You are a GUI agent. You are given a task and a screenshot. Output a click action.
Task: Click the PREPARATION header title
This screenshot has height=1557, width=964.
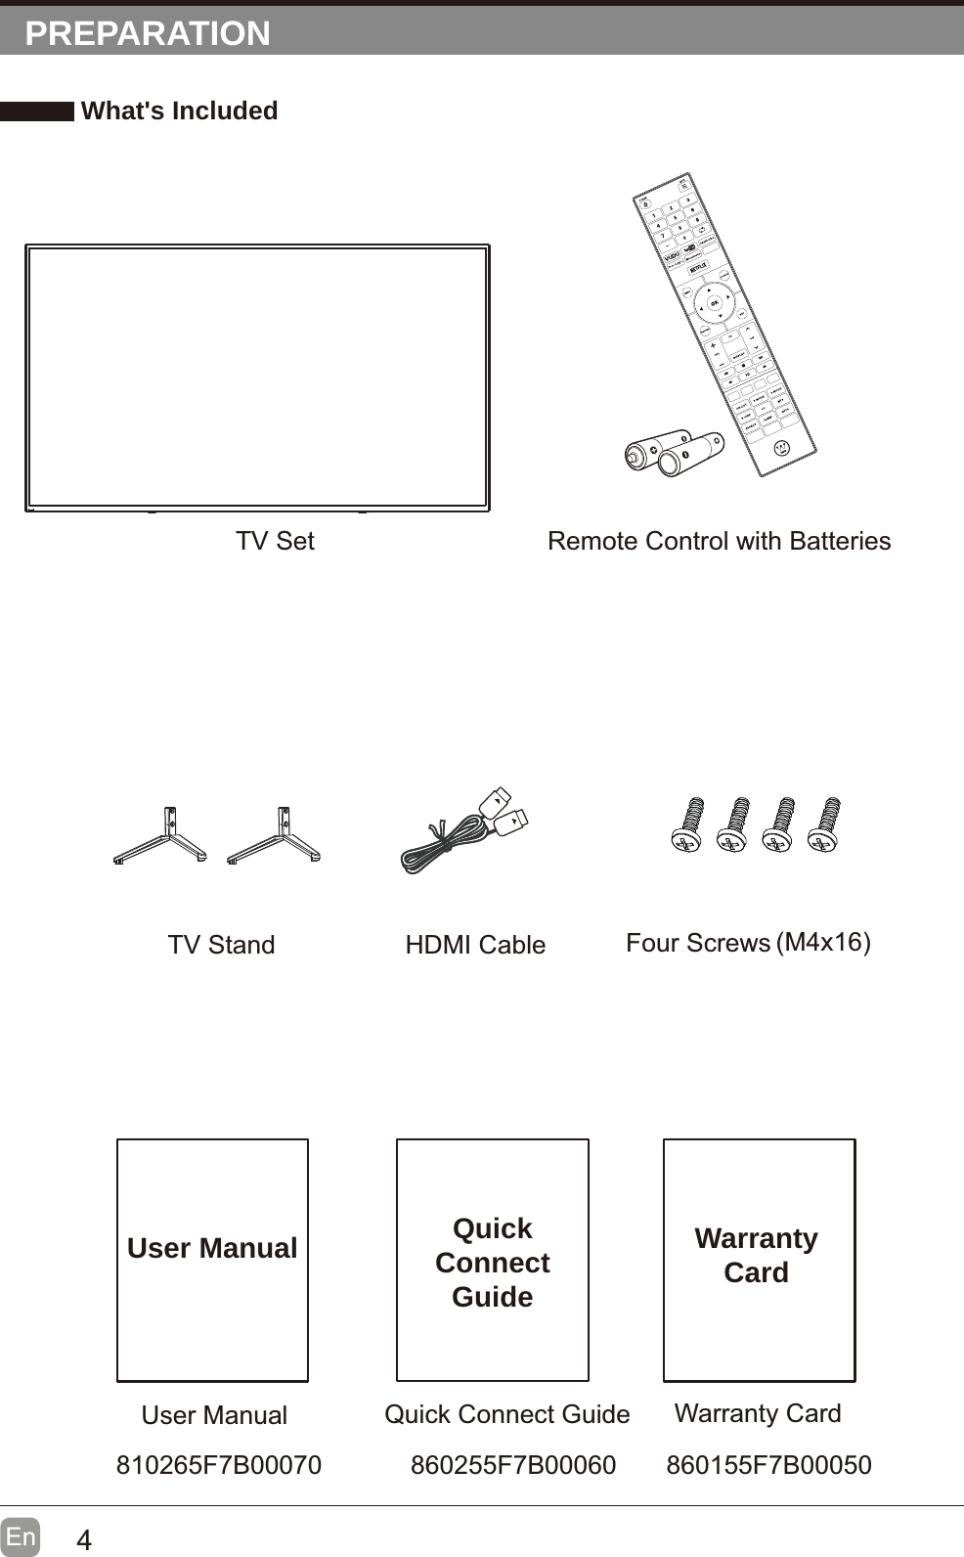point(148,33)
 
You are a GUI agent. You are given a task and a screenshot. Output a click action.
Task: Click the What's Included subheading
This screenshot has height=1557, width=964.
point(179,111)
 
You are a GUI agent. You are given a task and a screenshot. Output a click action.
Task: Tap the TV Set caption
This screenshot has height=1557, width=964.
point(275,541)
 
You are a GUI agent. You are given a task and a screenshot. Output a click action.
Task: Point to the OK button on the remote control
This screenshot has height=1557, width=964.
point(715,304)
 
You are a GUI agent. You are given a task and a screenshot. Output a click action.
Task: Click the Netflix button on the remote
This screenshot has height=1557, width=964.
point(698,267)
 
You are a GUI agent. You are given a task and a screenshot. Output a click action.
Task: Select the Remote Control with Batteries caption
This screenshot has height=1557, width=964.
point(719,541)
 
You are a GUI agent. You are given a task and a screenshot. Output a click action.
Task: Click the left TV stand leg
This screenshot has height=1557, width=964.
point(161,836)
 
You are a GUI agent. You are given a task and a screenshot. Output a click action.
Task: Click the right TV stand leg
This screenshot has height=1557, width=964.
point(276,836)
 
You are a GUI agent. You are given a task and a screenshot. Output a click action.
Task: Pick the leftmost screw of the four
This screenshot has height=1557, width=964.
point(689,824)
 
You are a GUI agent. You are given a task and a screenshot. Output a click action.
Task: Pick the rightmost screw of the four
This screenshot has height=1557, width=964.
point(826,824)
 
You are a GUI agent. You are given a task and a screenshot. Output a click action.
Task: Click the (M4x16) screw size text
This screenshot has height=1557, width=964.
point(823,942)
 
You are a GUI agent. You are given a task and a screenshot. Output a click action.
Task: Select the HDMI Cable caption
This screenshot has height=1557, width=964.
point(475,945)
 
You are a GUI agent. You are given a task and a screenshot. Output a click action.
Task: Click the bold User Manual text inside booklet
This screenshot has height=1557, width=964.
point(212,1248)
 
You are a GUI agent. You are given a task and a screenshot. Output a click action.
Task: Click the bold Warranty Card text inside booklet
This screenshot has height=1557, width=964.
point(756,1255)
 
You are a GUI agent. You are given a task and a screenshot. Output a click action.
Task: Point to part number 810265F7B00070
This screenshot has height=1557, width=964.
point(219,1465)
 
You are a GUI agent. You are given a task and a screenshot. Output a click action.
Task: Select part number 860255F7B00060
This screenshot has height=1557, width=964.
point(513,1465)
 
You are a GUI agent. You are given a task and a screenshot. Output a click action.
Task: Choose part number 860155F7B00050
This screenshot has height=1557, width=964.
point(768,1465)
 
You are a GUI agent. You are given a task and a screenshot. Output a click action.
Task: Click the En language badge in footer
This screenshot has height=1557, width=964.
point(21,1536)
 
